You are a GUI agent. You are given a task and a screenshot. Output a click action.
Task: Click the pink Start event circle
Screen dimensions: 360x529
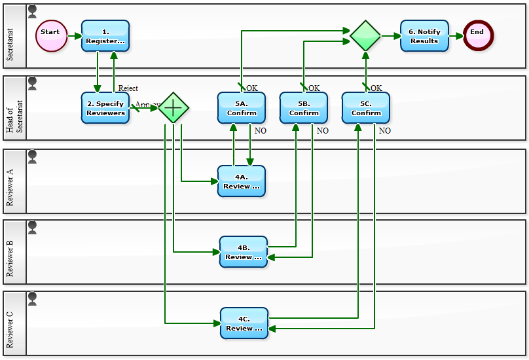[x=50, y=36]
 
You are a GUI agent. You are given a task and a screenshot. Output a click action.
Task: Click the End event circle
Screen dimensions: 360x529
[x=478, y=36]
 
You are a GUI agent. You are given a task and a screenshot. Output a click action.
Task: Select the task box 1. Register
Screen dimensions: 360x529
[x=105, y=36]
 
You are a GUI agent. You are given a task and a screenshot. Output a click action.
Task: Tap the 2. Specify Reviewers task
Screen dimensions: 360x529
[x=105, y=108]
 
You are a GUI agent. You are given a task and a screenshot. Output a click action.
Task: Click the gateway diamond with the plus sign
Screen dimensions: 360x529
[x=173, y=108]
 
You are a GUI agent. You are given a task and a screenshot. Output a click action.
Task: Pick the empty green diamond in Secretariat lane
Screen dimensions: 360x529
[x=365, y=36]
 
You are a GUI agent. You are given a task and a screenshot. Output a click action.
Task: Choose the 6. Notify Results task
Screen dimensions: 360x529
[x=424, y=36]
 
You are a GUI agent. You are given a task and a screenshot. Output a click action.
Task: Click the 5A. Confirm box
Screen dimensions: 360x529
[x=242, y=108]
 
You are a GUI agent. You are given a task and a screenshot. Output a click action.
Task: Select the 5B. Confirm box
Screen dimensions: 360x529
[x=304, y=108]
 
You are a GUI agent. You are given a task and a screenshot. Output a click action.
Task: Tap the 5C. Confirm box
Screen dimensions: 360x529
[x=366, y=108]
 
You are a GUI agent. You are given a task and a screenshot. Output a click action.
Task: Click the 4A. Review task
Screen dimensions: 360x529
[x=242, y=181]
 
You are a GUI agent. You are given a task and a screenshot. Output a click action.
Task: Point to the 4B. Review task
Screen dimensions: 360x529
[x=244, y=252]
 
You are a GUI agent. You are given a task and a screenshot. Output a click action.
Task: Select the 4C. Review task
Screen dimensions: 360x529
[x=244, y=323]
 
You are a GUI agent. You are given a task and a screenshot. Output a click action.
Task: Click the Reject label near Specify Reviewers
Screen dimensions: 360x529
[x=128, y=88]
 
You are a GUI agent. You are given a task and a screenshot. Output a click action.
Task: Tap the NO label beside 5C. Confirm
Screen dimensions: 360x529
[x=385, y=131]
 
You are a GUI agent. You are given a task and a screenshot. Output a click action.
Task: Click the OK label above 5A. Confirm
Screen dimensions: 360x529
[x=252, y=88]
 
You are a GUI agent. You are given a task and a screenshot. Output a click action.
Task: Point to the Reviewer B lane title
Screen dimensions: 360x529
[x=10, y=253]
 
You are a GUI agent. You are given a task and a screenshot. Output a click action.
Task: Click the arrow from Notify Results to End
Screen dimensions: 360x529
[x=456, y=36]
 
